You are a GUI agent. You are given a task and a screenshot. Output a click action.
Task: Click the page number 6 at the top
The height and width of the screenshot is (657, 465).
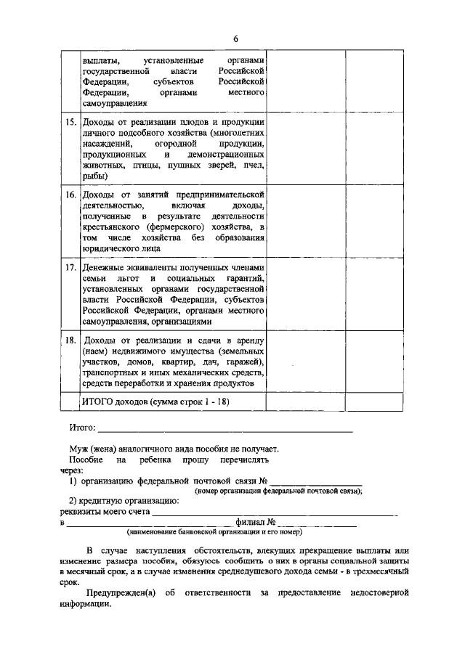point(235,38)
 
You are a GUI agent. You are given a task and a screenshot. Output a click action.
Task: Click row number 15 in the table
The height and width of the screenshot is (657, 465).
point(70,122)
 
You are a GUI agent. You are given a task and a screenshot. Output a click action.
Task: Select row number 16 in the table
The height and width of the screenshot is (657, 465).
point(70,196)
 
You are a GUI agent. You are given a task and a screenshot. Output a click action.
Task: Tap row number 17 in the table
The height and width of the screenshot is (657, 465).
point(70,268)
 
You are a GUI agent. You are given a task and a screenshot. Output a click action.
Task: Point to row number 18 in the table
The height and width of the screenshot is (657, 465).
point(70,340)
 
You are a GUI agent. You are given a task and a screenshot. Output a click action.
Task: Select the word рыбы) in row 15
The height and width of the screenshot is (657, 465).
point(95,176)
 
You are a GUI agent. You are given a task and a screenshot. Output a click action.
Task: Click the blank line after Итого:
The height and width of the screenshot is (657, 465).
point(225,430)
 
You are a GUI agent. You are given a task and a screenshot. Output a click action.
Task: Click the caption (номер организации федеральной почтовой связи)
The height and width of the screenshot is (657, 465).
point(278,491)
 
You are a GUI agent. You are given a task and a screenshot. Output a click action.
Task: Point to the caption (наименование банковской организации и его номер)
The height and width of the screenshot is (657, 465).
point(218,531)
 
